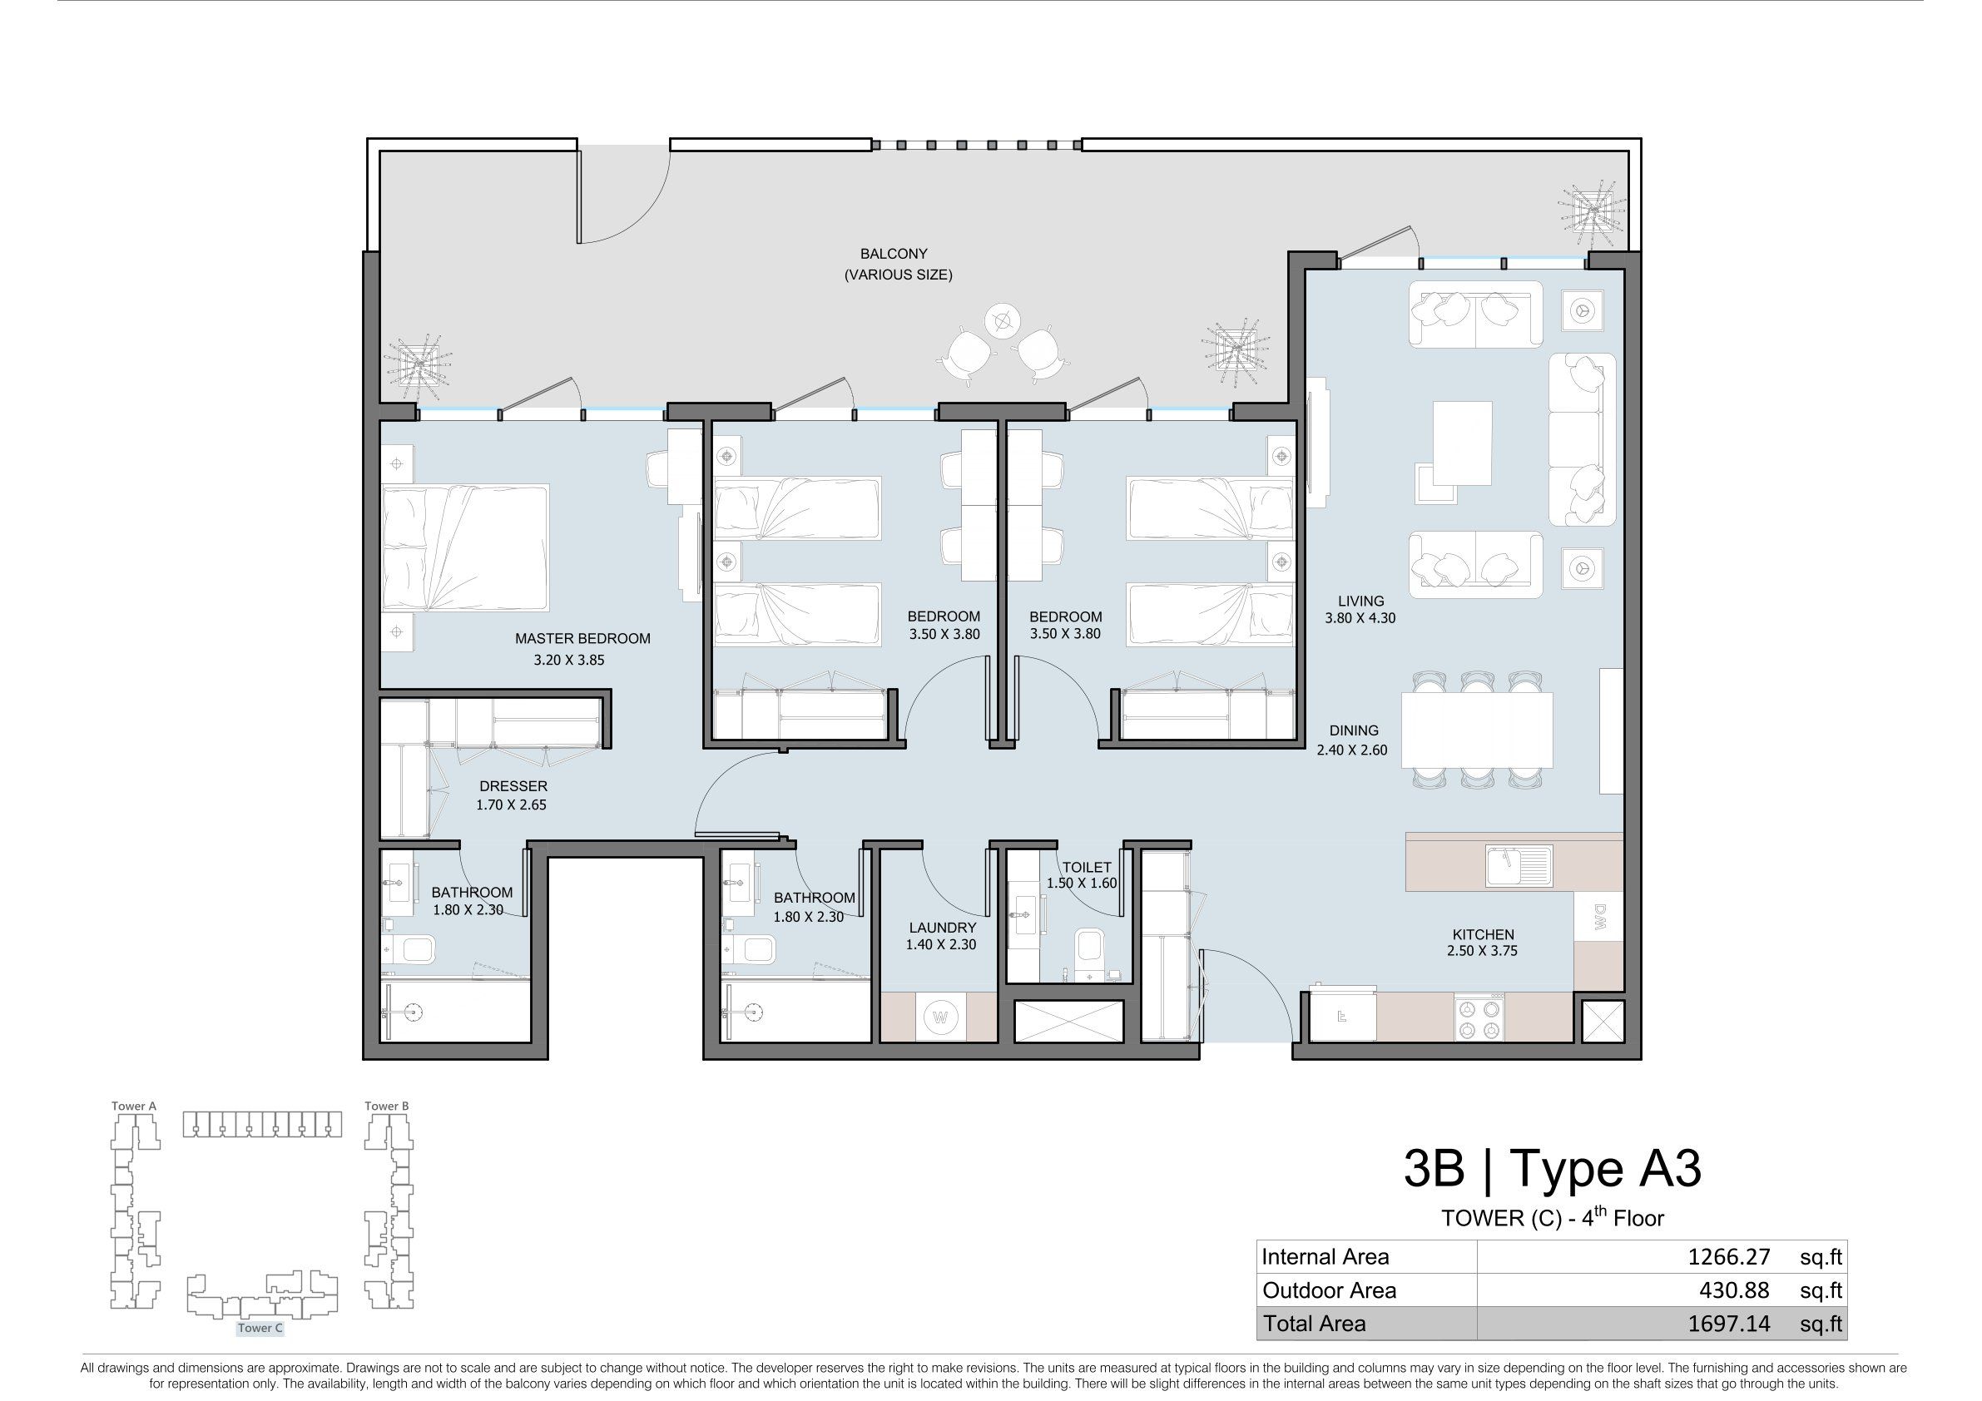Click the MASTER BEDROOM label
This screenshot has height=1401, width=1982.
click(x=582, y=639)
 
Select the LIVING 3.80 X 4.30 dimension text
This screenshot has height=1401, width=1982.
click(x=1360, y=618)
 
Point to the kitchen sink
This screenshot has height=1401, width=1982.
click(x=1519, y=867)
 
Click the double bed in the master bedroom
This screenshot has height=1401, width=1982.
click(x=465, y=548)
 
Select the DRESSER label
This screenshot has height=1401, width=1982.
click(x=513, y=786)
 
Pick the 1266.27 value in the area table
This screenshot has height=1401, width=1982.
click(x=1729, y=1257)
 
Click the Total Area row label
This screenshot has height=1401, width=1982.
click(x=1315, y=1324)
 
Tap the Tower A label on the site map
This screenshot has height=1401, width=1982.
click(x=134, y=1106)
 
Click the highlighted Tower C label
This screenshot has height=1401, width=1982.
click(x=260, y=1329)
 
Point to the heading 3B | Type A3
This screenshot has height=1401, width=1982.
click(x=1552, y=1170)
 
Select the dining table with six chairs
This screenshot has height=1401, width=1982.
click(x=1477, y=730)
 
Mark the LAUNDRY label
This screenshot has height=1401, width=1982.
click(x=941, y=928)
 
